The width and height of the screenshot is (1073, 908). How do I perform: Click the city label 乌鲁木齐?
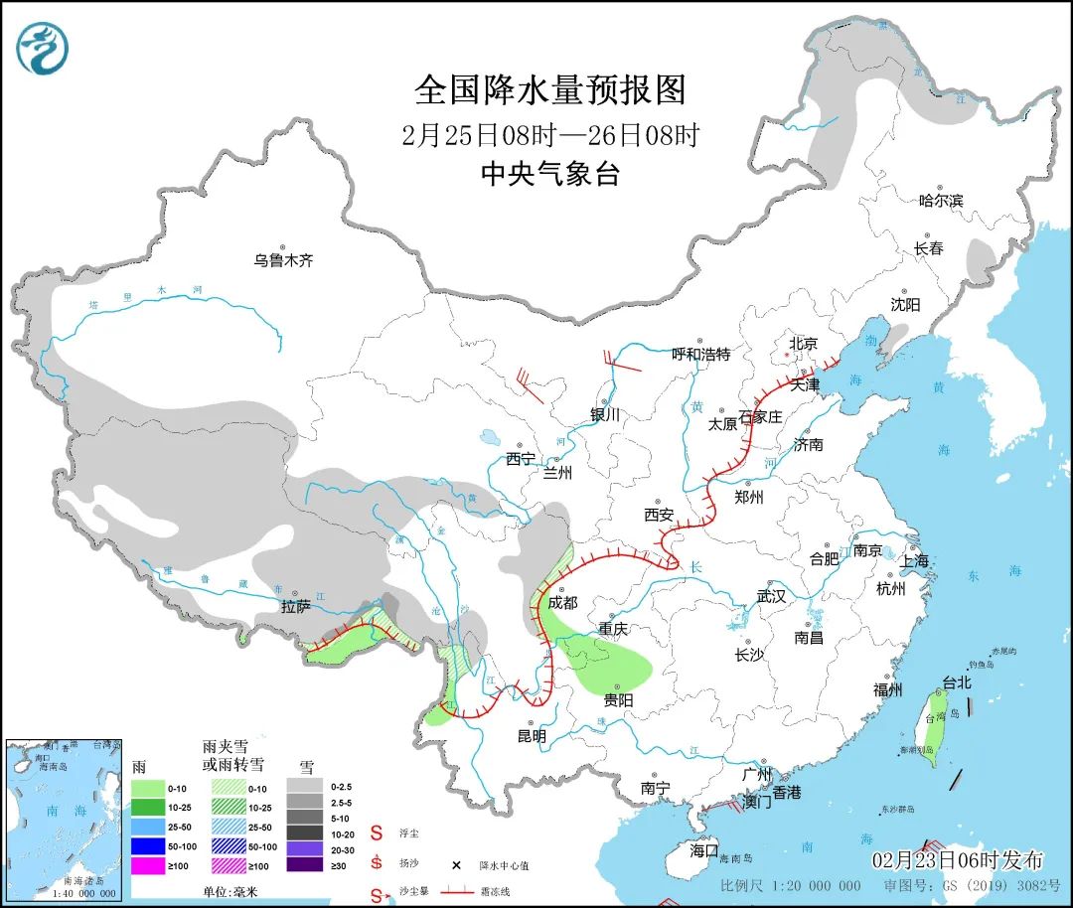click(x=283, y=260)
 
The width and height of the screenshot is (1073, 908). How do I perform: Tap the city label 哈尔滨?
click(x=940, y=200)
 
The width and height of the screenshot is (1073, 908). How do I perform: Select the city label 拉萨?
click(x=295, y=606)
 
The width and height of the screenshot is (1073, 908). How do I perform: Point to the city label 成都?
click(x=561, y=602)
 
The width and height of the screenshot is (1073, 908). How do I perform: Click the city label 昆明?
click(x=532, y=736)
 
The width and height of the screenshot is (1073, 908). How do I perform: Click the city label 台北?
click(x=956, y=682)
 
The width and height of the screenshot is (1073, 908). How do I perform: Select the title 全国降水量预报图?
click(x=549, y=90)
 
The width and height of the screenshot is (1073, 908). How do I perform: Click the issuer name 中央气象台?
click(x=549, y=175)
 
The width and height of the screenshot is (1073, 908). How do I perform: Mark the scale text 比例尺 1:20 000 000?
click(x=791, y=885)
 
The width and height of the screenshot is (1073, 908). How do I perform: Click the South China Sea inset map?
click(x=63, y=819)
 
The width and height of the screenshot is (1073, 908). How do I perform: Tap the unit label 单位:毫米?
click(x=230, y=892)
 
